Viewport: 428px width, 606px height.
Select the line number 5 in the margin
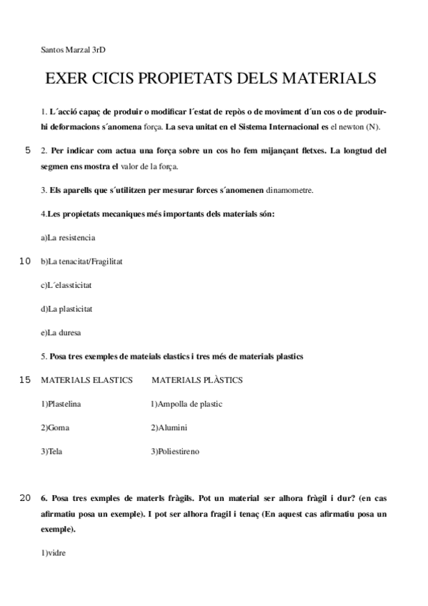28,151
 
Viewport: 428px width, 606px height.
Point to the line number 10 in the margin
25,261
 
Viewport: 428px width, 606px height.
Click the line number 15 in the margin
25,379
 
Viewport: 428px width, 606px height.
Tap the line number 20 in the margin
25,497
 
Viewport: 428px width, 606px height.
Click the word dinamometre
289,190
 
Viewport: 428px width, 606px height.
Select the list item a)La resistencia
68,237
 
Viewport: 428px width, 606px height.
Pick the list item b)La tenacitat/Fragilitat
81,261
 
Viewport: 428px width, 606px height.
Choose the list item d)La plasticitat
67,309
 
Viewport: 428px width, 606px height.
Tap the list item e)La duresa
61,332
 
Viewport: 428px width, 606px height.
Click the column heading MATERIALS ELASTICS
87,380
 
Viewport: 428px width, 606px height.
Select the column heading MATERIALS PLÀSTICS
197,380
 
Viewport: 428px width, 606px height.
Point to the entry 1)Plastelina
61,404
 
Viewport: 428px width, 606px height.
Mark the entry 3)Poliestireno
175,451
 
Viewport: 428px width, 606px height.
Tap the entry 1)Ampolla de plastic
186,404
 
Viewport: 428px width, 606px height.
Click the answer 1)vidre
54,552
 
